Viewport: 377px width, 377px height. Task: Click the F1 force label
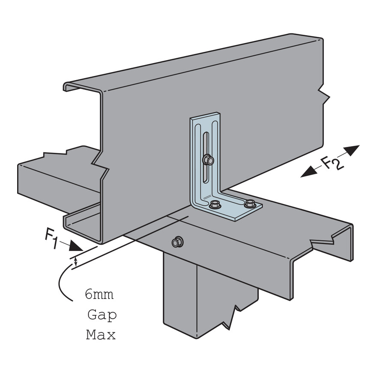(51, 238)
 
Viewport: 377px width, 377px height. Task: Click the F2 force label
(332, 163)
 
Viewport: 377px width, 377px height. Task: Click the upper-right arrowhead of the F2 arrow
(352, 150)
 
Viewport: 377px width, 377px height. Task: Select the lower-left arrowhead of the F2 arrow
(308, 172)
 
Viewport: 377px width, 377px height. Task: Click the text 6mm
(99, 295)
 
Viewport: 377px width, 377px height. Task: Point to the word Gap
(102, 315)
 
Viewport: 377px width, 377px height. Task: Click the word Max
(101, 335)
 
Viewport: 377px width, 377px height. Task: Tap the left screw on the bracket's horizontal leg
(215, 204)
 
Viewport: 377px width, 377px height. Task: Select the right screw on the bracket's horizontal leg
(249, 203)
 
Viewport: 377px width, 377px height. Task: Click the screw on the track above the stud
(177, 242)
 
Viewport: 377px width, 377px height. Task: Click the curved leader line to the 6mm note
(60, 283)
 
